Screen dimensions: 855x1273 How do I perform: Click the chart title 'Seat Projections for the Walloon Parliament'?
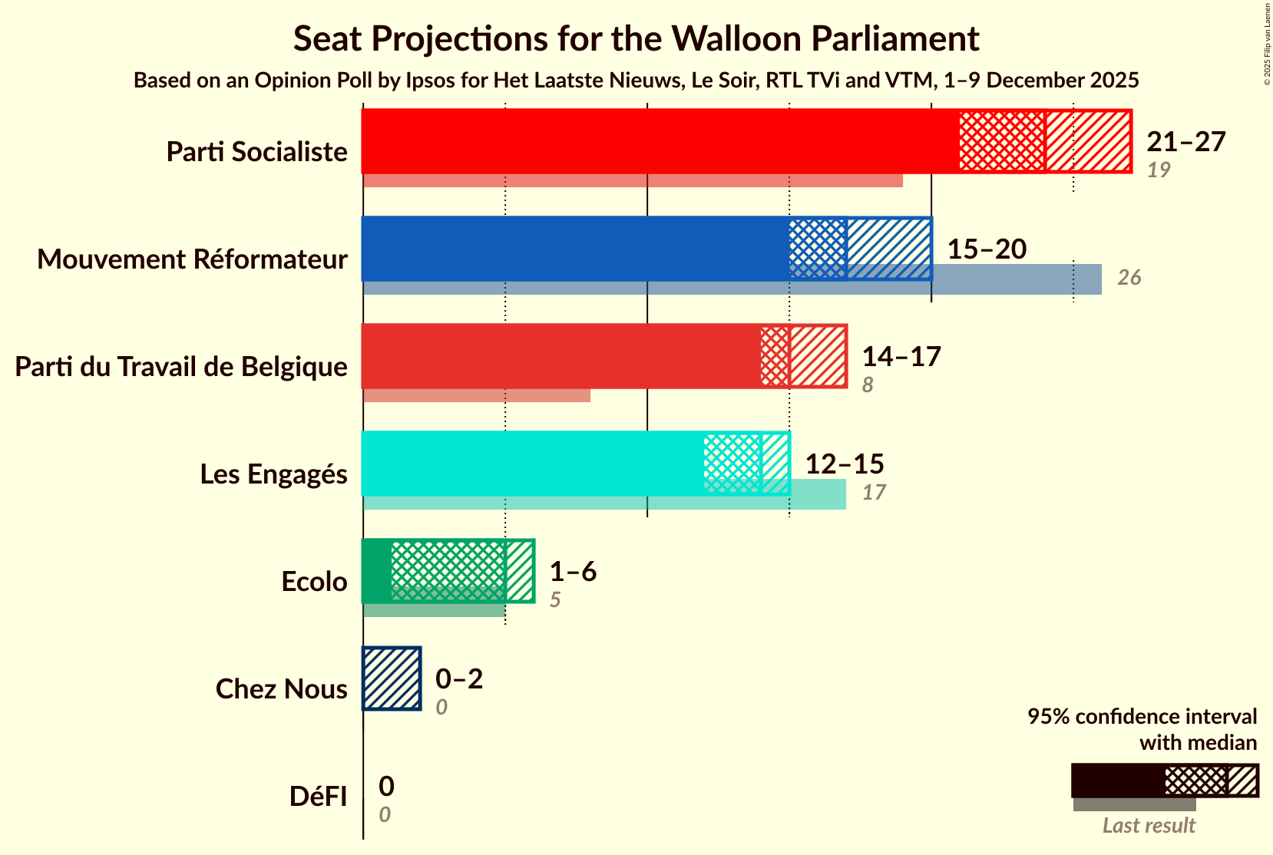click(x=636, y=38)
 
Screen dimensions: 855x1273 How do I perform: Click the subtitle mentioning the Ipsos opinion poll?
click(x=636, y=81)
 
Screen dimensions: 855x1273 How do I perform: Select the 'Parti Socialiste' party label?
click(x=256, y=152)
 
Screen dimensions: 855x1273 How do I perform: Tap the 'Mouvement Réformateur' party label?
click(x=192, y=259)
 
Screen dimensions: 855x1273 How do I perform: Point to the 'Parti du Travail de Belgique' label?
click(x=181, y=367)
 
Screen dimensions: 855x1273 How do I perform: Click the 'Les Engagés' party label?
click(x=273, y=474)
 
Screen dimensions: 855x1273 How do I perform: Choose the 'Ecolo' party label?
click(x=314, y=582)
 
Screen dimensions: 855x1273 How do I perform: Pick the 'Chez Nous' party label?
click(x=281, y=689)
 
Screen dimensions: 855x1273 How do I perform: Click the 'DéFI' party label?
click(x=318, y=797)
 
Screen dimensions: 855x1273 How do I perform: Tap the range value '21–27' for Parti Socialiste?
click(x=1186, y=141)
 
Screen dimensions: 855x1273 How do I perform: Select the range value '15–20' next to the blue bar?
click(x=987, y=249)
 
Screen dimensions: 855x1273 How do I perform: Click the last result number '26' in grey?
click(x=1129, y=278)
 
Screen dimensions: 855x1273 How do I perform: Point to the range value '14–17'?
click(x=901, y=356)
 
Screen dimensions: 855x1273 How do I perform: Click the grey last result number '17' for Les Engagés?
click(x=874, y=493)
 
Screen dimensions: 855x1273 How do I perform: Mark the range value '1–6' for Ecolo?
click(x=573, y=571)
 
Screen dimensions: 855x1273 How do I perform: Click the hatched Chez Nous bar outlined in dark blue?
click(x=392, y=678)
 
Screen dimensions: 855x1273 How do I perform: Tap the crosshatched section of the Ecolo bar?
click(x=448, y=570)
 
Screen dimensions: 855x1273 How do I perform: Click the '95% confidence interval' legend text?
click(x=1142, y=717)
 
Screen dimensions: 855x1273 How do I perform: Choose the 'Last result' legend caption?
click(x=1149, y=826)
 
